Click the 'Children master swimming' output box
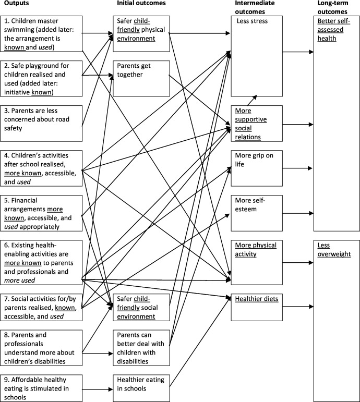coord(41,33)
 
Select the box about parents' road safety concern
coord(41,123)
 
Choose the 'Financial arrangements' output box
coord(41,213)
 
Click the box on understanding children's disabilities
coord(41,347)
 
